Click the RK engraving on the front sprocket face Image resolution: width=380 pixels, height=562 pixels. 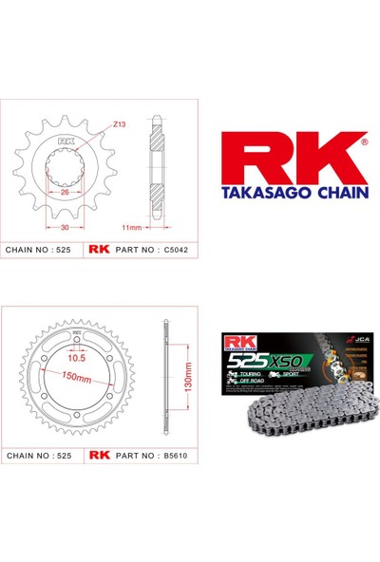(x=66, y=143)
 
